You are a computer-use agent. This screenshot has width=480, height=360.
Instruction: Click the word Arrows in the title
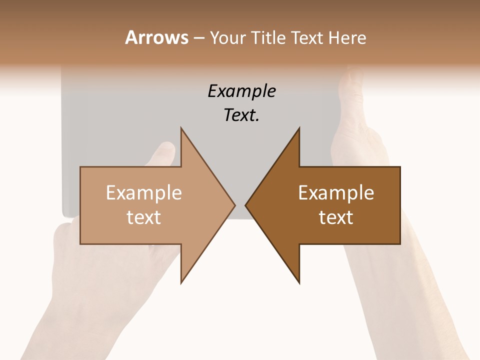point(156,37)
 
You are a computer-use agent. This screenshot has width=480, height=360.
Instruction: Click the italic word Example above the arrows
point(241,91)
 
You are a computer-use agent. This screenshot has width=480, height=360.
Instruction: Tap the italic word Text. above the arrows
point(241,115)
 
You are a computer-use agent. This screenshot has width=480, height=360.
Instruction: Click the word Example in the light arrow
point(144,192)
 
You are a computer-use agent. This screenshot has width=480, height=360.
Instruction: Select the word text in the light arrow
point(144,217)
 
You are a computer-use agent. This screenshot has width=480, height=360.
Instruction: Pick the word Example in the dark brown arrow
point(336,192)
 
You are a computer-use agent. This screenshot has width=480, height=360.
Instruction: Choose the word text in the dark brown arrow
point(336,217)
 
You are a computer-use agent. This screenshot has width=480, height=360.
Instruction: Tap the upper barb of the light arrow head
point(182,131)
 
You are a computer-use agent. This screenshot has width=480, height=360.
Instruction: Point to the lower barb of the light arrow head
point(182,280)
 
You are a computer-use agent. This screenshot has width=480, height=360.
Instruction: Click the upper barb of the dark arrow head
point(298,131)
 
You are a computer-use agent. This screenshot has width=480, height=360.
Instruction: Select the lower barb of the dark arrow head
point(298,280)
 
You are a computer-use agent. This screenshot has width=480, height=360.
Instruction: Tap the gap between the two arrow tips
point(240,205)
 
